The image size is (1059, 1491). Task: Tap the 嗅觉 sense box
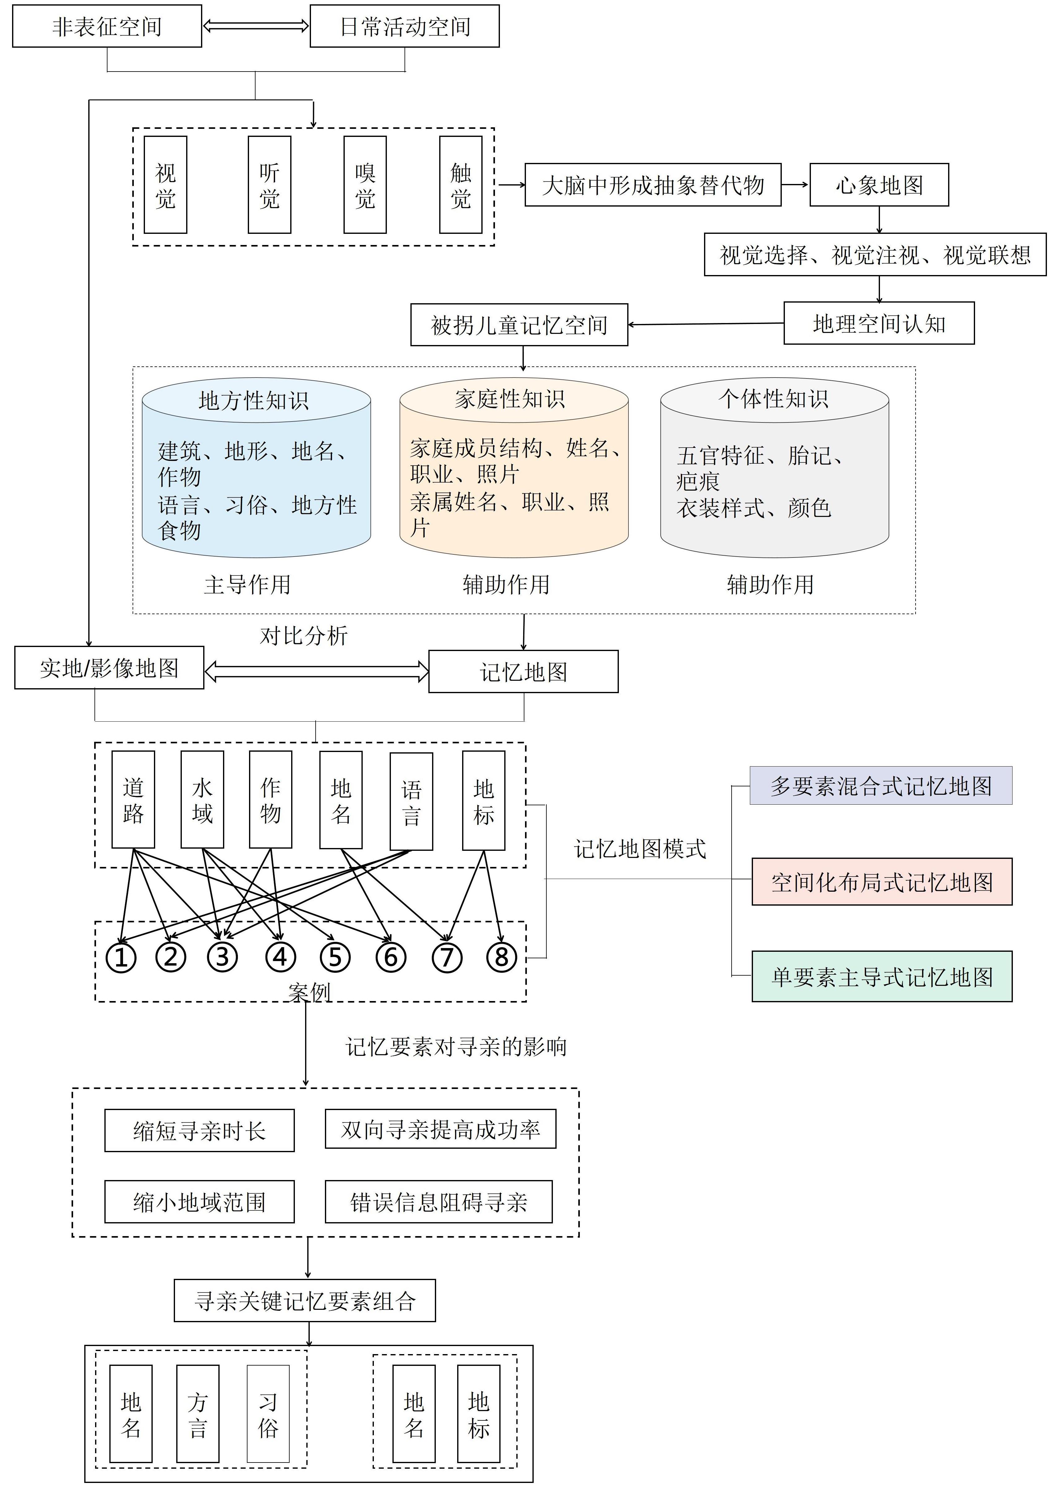pyautogui.click(x=365, y=185)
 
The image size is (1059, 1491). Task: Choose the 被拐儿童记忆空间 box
pyautogui.click(x=519, y=325)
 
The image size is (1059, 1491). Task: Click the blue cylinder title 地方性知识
pyautogui.click(x=254, y=400)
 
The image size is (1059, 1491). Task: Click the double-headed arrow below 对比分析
pyautogui.click(x=317, y=671)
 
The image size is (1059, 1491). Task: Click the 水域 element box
pyautogui.click(x=202, y=800)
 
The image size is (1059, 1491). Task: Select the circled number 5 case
pyautogui.click(x=335, y=958)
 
